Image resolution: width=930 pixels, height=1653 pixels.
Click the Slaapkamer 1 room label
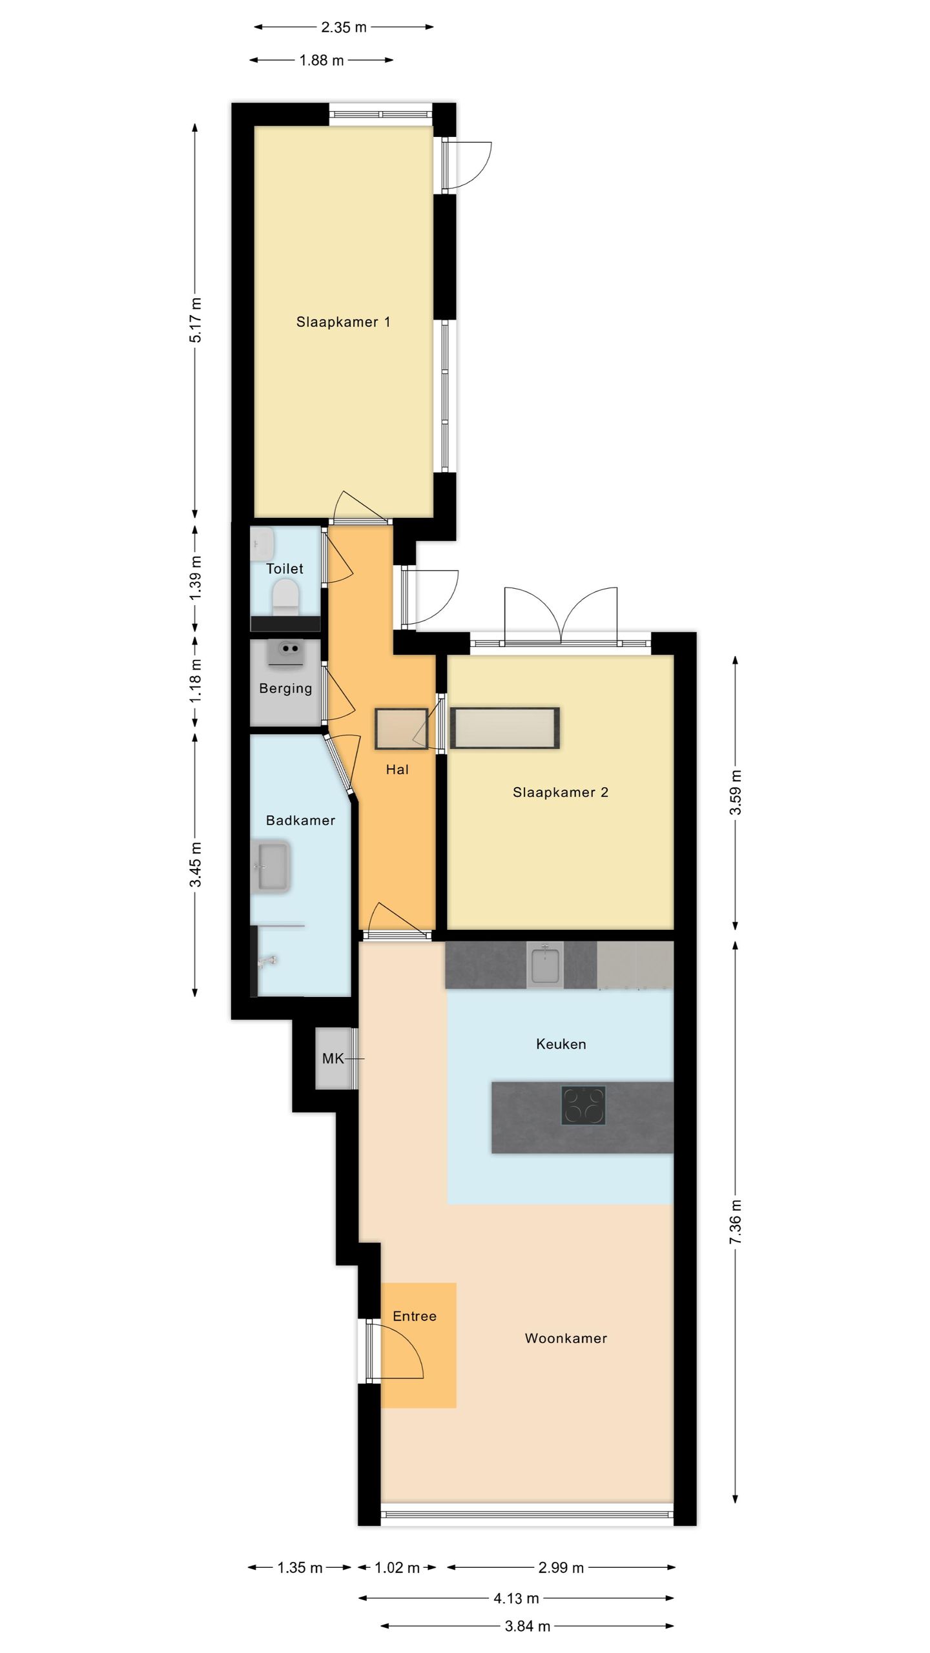pyautogui.click(x=343, y=322)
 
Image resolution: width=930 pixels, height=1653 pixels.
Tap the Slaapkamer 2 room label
pyautogui.click(x=561, y=792)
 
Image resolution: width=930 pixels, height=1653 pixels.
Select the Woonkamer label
pyautogui.click(x=566, y=1338)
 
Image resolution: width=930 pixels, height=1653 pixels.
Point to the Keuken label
pyautogui.click(x=561, y=1044)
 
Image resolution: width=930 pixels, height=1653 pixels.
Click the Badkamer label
pyautogui.click(x=300, y=820)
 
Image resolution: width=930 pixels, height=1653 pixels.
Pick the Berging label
pyautogui.click(x=285, y=688)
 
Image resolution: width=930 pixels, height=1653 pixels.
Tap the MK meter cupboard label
pyautogui.click(x=333, y=1058)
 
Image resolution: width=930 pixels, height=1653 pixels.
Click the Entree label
pyautogui.click(x=415, y=1316)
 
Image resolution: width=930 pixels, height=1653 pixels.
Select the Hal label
pyautogui.click(x=397, y=769)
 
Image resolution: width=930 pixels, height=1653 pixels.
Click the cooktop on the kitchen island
pyautogui.click(x=584, y=1106)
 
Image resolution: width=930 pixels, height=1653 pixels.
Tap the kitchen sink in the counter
pyautogui.click(x=545, y=965)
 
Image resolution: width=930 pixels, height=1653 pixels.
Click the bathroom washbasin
pyautogui.click(x=273, y=867)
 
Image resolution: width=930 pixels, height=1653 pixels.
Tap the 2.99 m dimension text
pyautogui.click(x=561, y=1568)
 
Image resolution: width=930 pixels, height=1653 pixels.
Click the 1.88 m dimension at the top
pyautogui.click(x=322, y=60)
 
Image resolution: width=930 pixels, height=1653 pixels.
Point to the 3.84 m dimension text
pyautogui.click(x=527, y=1627)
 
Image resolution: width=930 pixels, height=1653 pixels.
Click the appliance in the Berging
pyautogui.click(x=285, y=653)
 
